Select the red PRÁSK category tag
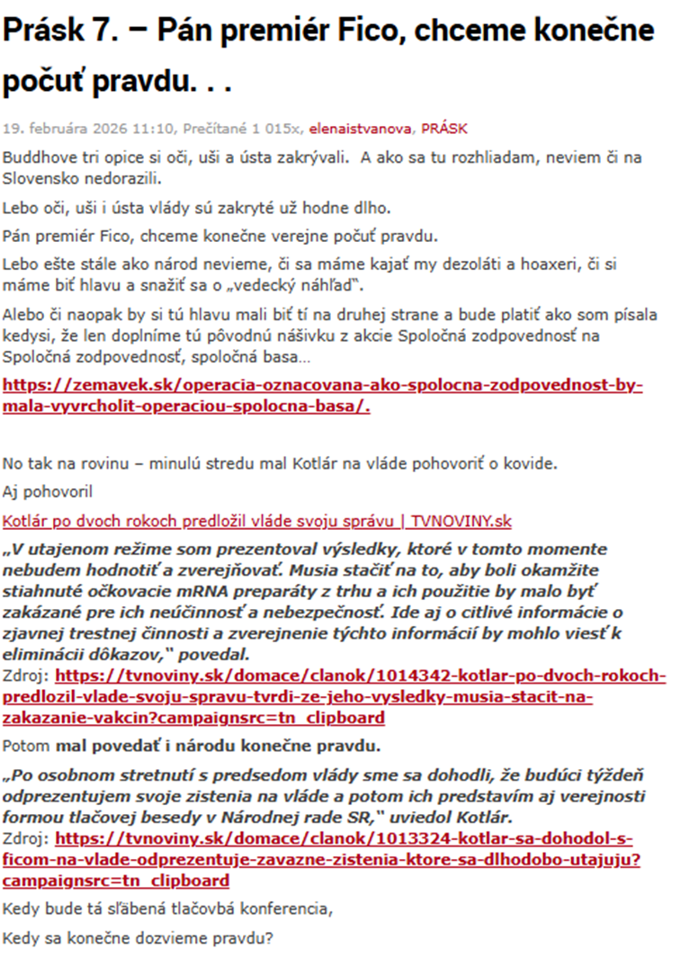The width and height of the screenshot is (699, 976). pyautogui.click(x=444, y=129)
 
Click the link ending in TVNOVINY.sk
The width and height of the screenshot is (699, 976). pyautogui.click(x=257, y=522)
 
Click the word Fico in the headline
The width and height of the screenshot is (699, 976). pyautogui.click(x=392, y=32)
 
